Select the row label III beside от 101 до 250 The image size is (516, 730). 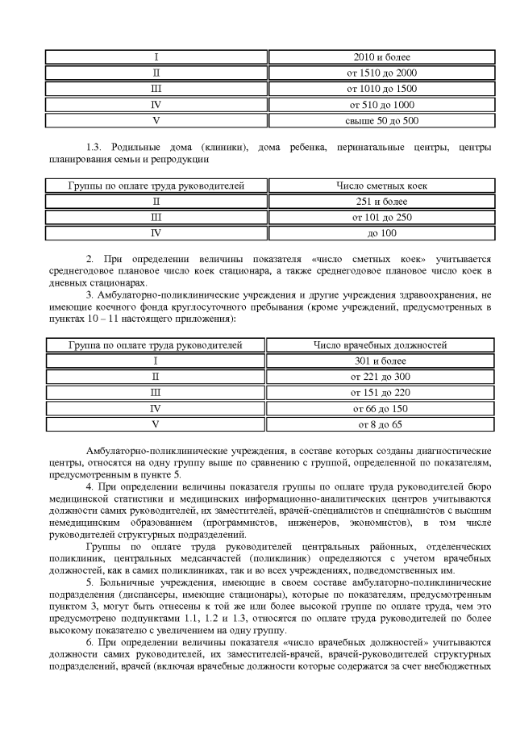click(x=156, y=218)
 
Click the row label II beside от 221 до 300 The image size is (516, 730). click(x=156, y=377)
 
